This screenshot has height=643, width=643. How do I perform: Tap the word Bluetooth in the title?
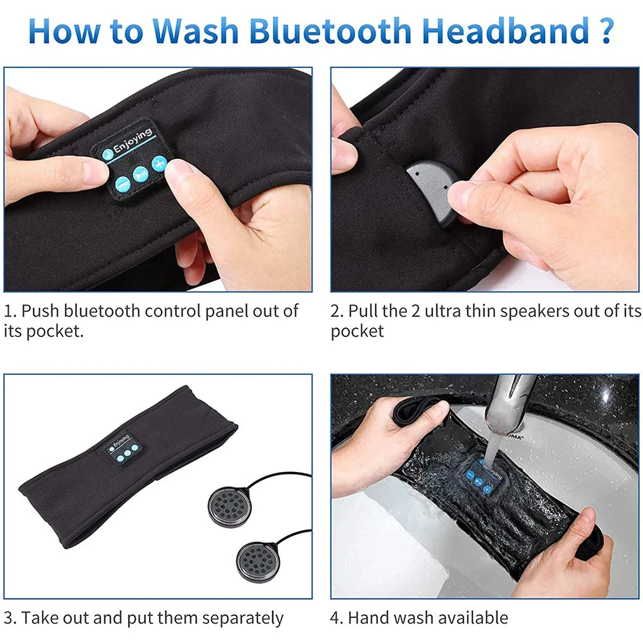336,30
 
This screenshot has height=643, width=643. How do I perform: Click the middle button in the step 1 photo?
140,174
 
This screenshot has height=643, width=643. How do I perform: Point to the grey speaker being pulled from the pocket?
432,186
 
